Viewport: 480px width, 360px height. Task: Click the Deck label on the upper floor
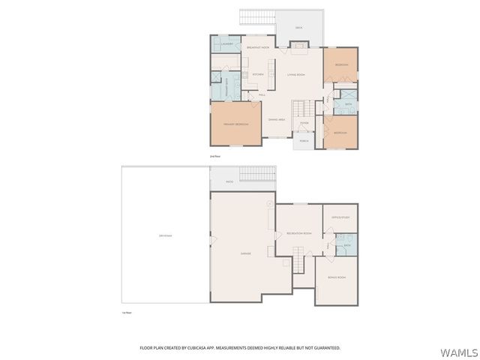click(298, 28)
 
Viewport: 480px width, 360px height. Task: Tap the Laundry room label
click(226, 44)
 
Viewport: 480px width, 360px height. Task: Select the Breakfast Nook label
click(257, 47)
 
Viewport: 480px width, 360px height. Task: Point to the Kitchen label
click(257, 75)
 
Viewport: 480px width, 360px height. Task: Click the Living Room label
click(295, 75)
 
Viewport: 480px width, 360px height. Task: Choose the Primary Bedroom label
click(235, 124)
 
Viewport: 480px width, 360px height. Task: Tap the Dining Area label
click(276, 120)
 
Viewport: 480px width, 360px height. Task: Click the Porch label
click(304, 140)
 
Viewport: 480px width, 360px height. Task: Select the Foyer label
click(304, 123)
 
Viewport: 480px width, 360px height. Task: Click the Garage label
click(245, 253)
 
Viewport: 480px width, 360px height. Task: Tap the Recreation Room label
click(298, 233)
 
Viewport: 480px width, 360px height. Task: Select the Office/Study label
click(340, 217)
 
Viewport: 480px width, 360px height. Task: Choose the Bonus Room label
click(337, 277)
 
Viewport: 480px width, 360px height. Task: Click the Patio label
click(229, 181)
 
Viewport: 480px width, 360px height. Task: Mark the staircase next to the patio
click(256, 174)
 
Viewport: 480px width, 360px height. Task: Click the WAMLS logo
click(459, 352)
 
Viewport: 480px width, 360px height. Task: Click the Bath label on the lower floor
click(346, 245)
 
